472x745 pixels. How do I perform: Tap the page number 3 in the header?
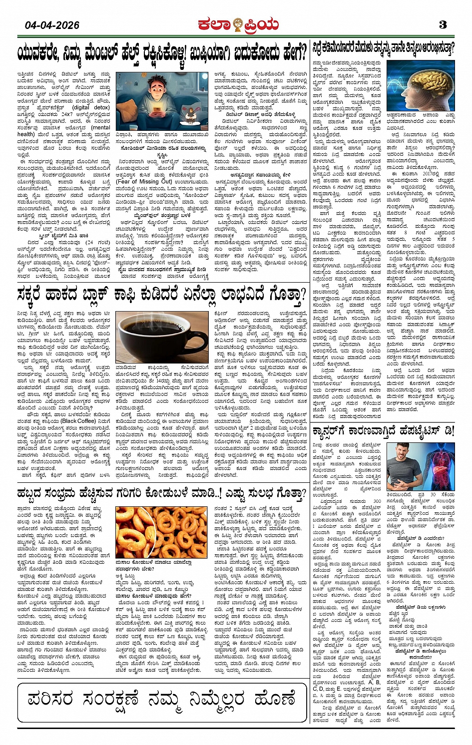pos(443,24)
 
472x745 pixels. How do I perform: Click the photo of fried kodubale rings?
pos(161,532)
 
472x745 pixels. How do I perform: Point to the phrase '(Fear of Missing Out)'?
pos(144,182)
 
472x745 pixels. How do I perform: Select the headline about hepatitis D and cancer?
pos(383,430)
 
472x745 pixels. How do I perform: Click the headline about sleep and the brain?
pos(383,49)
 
